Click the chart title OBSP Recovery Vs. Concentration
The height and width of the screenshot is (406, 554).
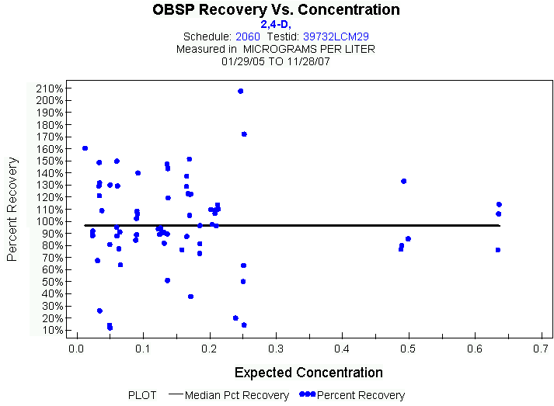coord(277,10)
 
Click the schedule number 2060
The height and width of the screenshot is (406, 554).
coord(247,36)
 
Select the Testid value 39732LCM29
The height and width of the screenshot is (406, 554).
coord(335,36)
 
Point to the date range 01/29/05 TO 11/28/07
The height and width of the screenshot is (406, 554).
coord(276,60)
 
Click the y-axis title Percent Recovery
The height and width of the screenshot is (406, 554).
coord(12,209)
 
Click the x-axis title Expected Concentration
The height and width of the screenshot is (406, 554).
coord(308,372)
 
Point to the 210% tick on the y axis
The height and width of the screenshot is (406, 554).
coord(49,88)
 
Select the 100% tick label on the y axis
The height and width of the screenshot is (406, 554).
coord(49,221)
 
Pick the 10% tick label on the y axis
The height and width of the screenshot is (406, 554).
coord(51,330)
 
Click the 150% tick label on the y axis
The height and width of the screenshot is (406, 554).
coord(49,161)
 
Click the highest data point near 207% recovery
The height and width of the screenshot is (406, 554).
coord(241,91)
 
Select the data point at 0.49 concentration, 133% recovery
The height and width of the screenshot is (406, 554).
coord(403,181)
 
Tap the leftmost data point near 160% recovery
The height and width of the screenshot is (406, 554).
coord(85,148)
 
